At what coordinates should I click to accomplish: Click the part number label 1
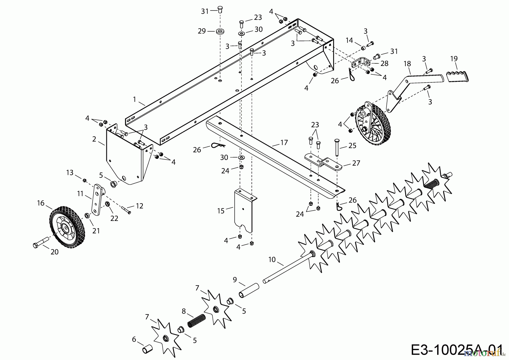click(x=135, y=99)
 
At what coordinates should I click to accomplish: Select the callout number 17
click(x=284, y=142)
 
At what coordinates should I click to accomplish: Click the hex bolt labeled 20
click(x=41, y=243)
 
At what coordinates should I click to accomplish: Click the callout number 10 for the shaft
click(x=272, y=259)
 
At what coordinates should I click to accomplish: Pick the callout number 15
click(x=221, y=211)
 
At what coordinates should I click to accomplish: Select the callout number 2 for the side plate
click(x=94, y=139)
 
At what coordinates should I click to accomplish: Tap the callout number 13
click(x=70, y=172)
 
